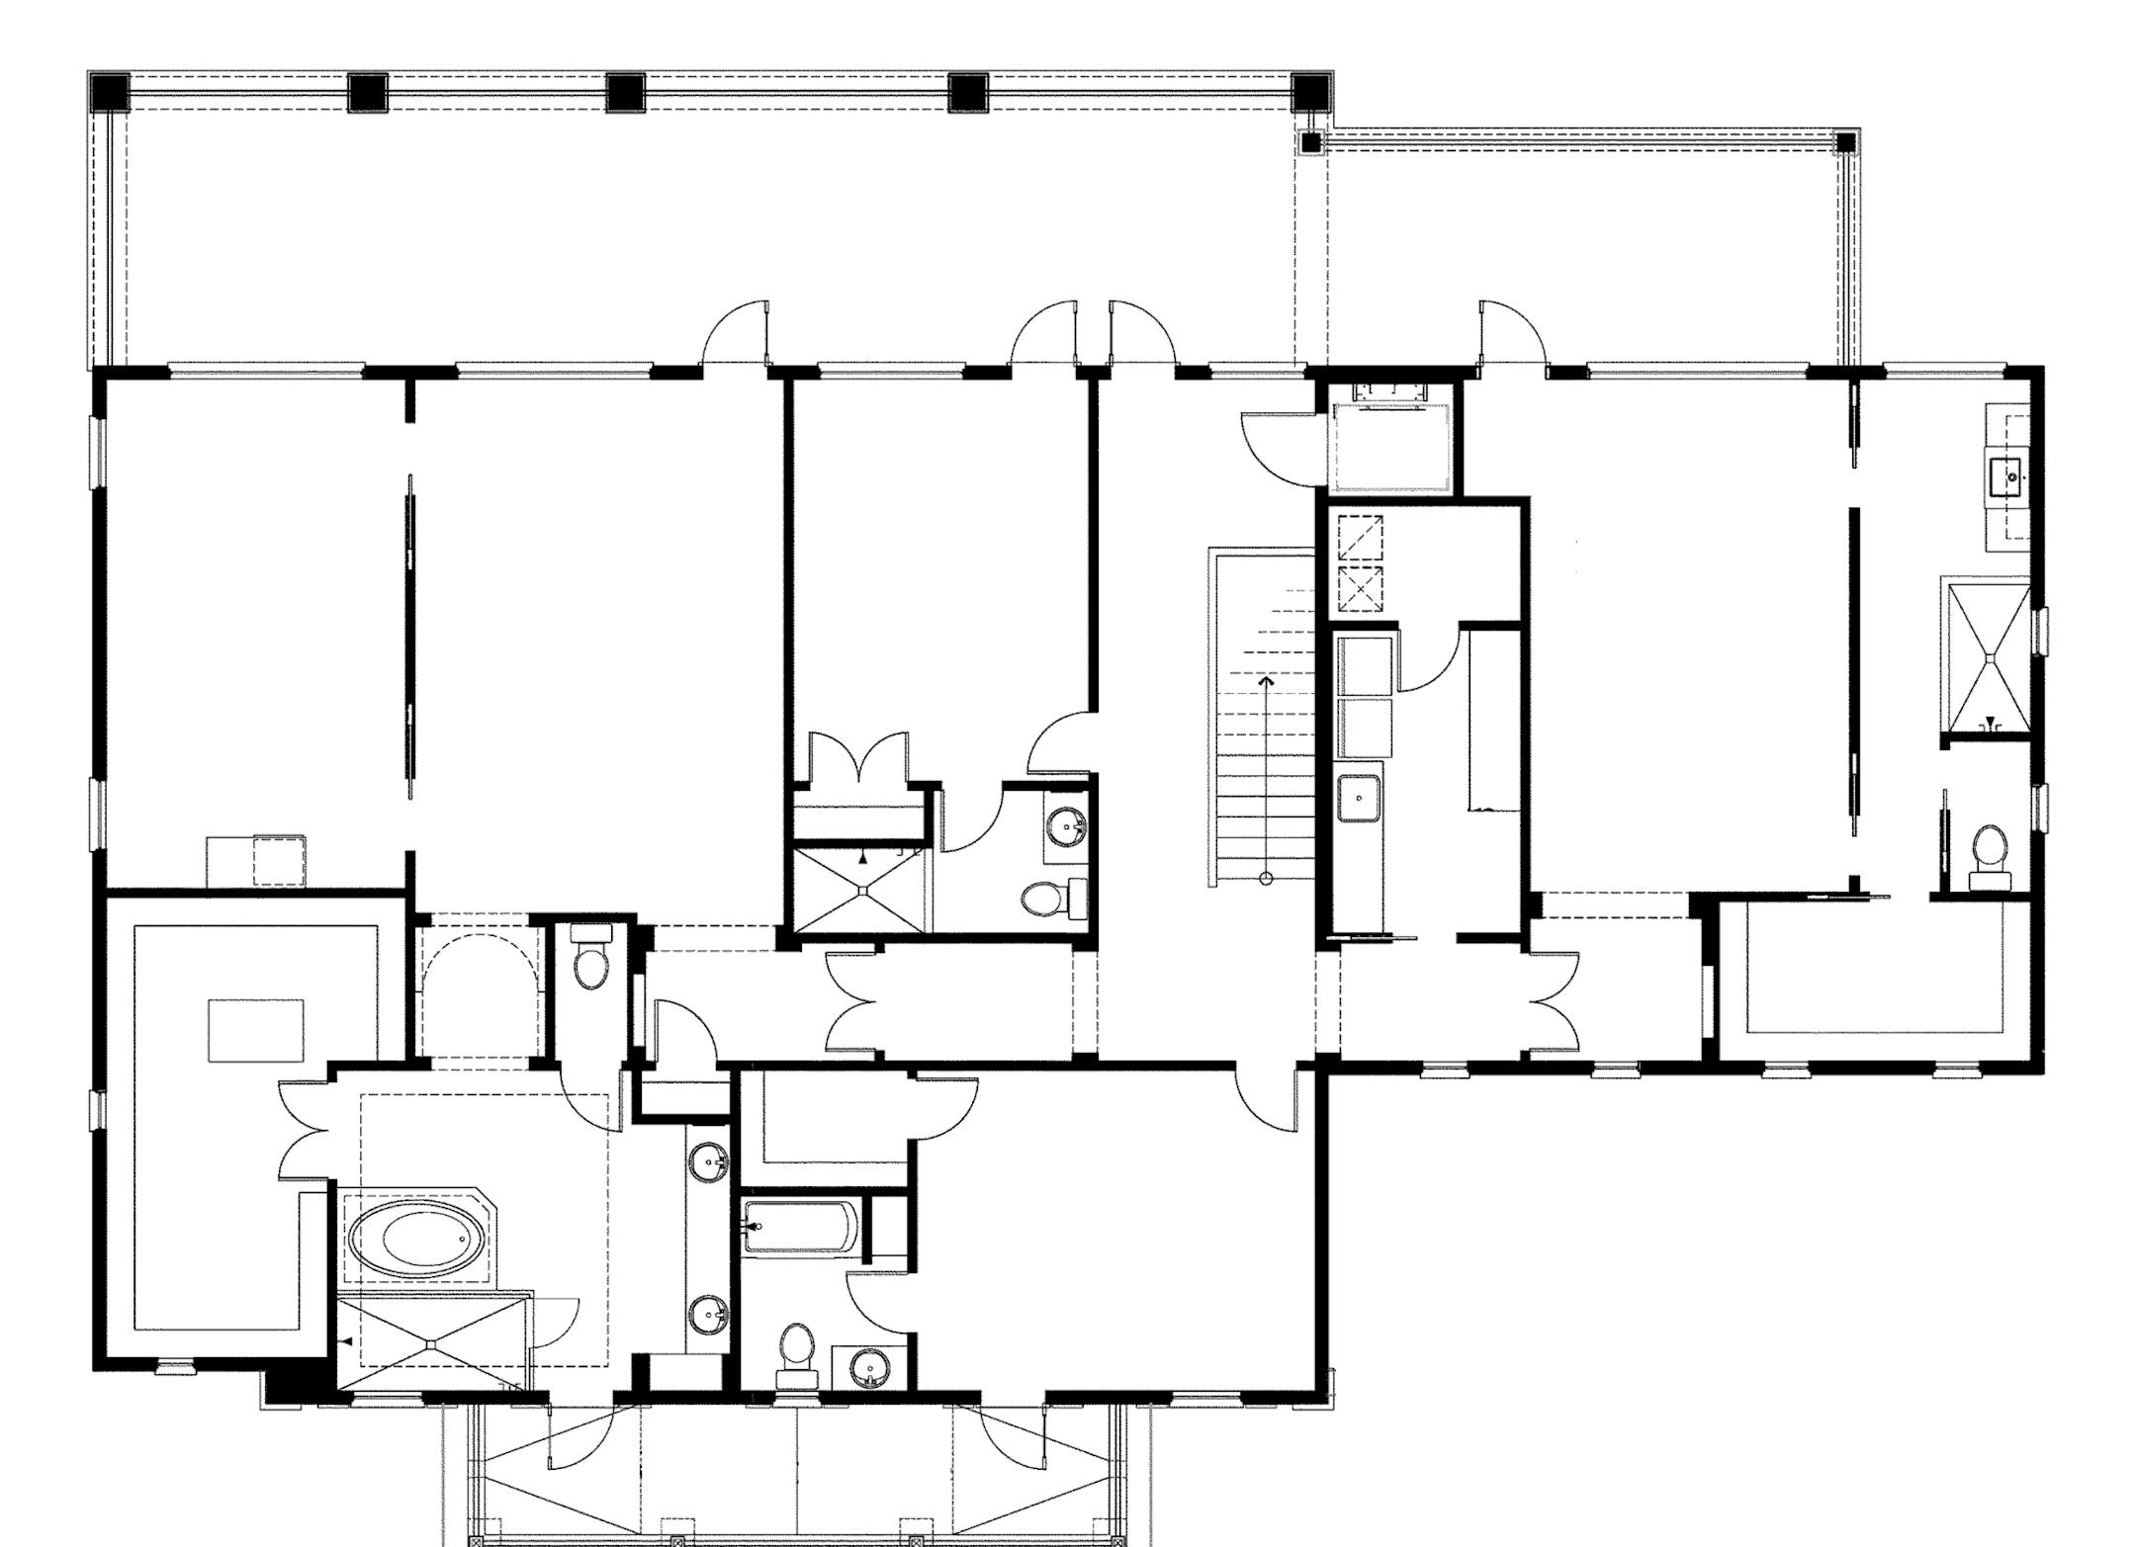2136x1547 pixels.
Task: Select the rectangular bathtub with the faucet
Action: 801,1227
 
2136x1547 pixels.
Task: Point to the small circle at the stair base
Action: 1266,879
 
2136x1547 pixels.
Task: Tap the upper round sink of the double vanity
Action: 709,1160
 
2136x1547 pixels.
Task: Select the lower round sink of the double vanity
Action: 709,1315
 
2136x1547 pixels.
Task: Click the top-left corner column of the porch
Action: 109,92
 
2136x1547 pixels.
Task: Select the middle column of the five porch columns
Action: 625,92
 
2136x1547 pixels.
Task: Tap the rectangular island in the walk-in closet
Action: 255,1030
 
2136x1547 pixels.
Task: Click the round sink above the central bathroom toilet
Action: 1066,823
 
